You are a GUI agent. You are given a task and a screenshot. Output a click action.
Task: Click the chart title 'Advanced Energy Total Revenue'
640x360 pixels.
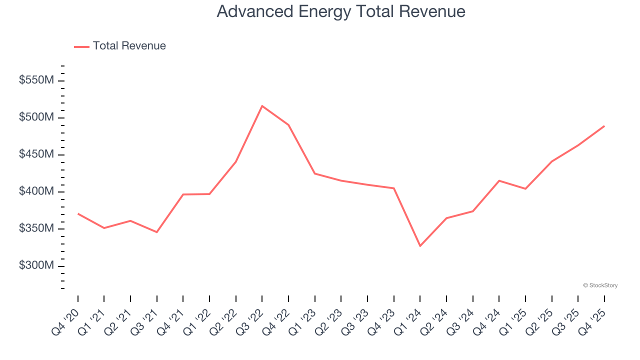point(341,11)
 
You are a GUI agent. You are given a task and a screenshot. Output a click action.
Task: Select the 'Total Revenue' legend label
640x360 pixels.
point(129,46)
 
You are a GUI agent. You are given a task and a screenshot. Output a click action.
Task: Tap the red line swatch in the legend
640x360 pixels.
point(81,46)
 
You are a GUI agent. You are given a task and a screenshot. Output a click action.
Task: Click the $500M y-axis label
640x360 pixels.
point(35,117)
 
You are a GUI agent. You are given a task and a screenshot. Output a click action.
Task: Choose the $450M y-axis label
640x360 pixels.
point(35,154)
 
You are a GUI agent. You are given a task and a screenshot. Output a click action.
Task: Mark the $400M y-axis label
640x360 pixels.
point(35,191)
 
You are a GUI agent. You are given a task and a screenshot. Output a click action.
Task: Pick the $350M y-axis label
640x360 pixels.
point(35,228)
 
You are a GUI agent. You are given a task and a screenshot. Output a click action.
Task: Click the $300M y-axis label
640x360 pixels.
point(35,265)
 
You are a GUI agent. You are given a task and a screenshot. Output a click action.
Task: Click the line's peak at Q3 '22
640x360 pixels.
point(262,106)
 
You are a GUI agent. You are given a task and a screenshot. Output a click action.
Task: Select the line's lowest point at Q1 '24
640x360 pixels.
point(420,246)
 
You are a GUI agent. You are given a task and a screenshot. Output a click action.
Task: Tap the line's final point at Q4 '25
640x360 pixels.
point(604,126)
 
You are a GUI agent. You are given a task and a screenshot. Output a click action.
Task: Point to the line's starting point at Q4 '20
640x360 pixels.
point(78,213)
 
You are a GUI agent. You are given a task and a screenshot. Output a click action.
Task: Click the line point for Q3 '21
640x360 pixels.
point(157,232)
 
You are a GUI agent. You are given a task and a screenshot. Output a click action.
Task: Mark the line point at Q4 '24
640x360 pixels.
point(499,180)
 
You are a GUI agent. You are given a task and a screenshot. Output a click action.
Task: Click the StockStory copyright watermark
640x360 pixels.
point(600,285)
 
